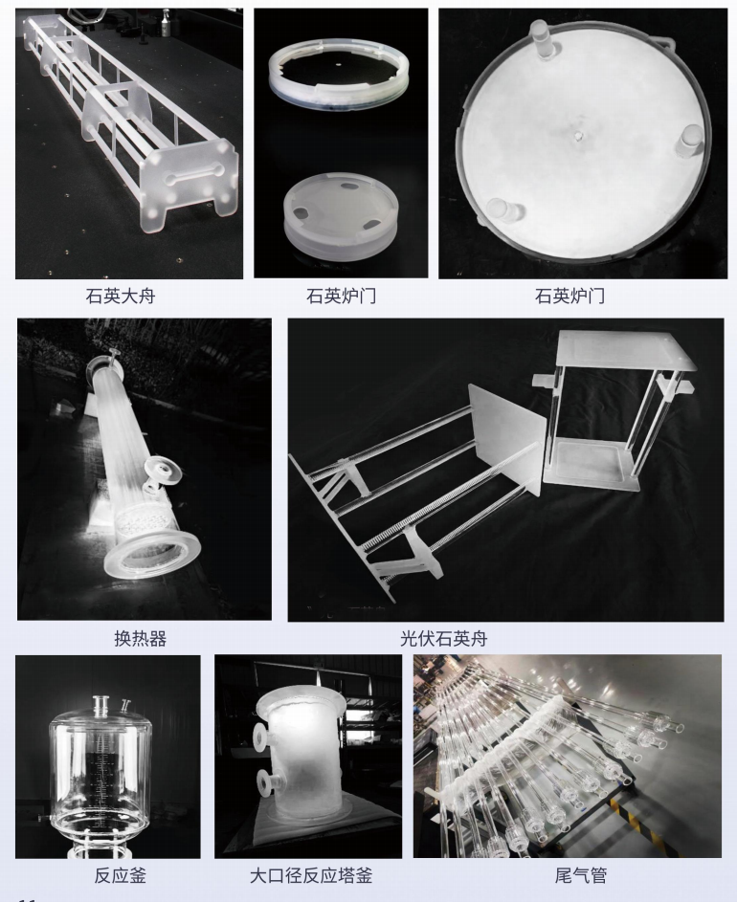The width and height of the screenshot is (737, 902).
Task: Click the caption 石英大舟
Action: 121,297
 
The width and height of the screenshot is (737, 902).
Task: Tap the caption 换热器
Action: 141,639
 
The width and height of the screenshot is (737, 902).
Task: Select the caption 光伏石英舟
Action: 443,639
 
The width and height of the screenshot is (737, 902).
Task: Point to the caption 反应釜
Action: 121,875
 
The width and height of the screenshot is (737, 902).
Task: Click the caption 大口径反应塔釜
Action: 311,875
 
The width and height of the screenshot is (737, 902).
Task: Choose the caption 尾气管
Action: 581,875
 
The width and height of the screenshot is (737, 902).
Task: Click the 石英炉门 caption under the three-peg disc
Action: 569,297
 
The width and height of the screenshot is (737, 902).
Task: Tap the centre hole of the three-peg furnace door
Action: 579,137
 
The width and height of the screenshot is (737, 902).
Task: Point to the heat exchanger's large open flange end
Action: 153,556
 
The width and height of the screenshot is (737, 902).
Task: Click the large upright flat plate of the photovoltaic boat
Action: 506,437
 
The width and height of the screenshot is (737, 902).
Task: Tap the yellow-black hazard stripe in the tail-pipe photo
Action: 622,812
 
